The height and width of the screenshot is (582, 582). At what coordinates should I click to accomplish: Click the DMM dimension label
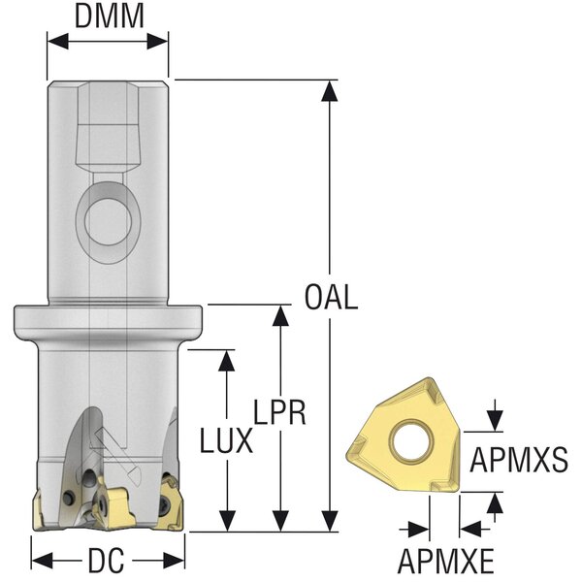[109, 16]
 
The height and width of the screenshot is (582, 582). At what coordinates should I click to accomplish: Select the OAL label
[331, 297]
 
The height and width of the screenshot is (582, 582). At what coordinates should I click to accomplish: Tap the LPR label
[280, 414]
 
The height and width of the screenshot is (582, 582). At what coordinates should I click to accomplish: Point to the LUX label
[227, 442]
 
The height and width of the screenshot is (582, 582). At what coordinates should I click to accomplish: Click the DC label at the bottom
[108, 562]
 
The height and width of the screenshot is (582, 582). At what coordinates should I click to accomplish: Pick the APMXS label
[519, 459]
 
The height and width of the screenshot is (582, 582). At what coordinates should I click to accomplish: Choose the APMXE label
[444, 561]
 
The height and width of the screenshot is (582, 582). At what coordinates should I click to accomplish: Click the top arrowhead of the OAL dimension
[331, 90]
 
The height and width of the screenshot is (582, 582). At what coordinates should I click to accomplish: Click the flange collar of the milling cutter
[108, 319]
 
